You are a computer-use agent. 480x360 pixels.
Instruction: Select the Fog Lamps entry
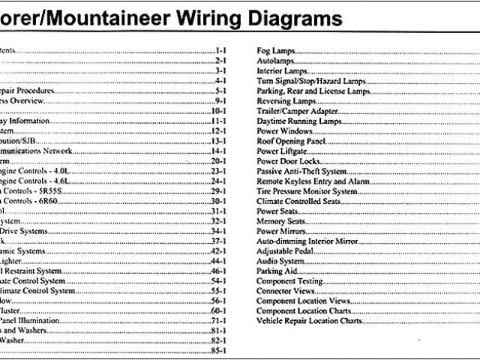click(x=275, y=50)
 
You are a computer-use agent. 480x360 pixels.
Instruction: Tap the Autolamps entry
click(x=274, y=60)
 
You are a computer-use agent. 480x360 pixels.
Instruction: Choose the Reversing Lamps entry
click(x=284, y=100)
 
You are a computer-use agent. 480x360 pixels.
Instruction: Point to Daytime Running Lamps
click(x=297, y=121)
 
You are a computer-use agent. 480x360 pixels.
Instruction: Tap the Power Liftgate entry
click(x=280, y=151)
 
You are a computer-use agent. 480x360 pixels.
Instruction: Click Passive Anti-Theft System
click(x=301, y=171)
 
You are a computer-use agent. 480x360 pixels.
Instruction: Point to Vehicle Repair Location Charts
click(x=309, y=321)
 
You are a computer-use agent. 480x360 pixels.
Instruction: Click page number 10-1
click(x=218, y=110)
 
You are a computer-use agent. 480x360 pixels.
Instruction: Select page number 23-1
click(x=218, y=171)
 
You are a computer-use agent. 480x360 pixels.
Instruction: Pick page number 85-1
click(x=218, y=351)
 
